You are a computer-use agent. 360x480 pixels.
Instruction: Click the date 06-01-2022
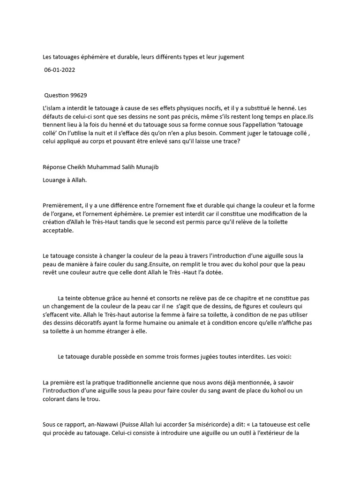click(x=60, y=69)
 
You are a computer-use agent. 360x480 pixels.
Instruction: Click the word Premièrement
click(x=63, y=205)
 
